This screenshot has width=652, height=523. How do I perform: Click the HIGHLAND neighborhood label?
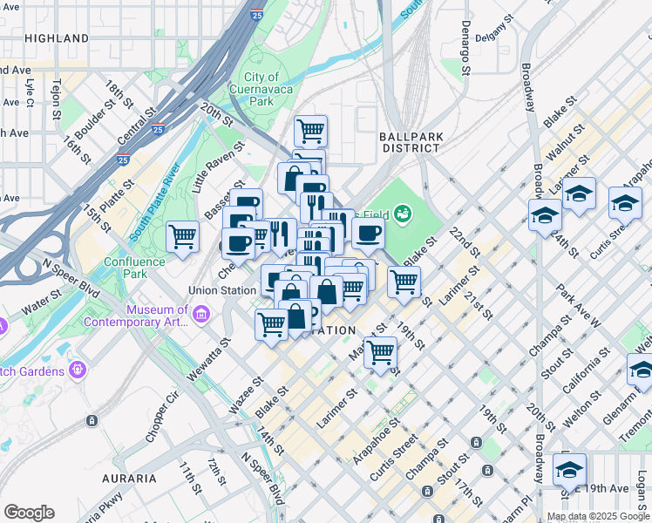click(x=57, y=38)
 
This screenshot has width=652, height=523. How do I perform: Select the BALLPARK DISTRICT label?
click(x=410, y=142)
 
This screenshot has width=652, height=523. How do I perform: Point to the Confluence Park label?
click(x=134, y=268)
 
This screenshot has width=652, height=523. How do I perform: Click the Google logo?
click(x=29, y=513)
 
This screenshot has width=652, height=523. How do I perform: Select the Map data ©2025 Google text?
click(x=598, y=516)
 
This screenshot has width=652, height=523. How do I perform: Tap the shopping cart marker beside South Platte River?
click(x=183, y=235)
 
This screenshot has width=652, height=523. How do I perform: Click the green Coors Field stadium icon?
click(x=402, y=212)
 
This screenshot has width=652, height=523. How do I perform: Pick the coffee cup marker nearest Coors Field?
click(x=368, y=233)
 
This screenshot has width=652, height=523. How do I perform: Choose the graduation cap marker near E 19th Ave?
click(x=569, y=468)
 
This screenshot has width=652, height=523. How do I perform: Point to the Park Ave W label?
click(x=582, y=309)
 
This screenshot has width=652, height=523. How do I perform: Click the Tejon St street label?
click(x=56, y=98)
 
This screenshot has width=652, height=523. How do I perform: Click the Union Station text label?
click(x=221, y=289)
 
